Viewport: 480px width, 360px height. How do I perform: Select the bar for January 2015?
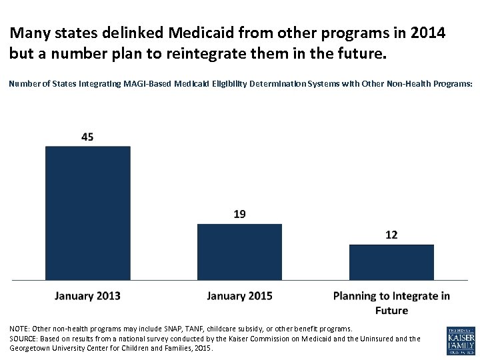239,251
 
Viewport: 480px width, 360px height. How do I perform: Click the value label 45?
87,137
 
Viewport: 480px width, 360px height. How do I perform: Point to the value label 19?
239,214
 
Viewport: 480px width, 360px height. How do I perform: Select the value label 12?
391,235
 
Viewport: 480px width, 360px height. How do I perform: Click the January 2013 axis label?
87,296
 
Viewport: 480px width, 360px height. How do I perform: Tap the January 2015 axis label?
239,296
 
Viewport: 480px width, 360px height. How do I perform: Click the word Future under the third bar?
391,310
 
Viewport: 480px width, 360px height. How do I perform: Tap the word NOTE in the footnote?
19,329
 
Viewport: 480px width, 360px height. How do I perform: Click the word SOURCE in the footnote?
24,339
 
